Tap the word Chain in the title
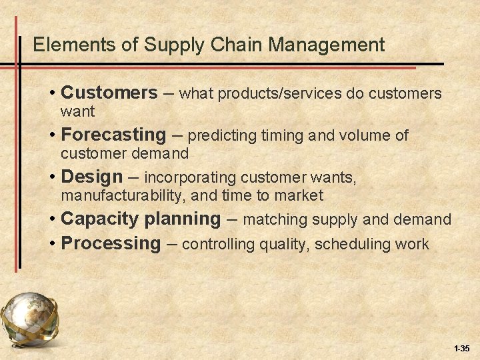coord(231,45)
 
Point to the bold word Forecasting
coord(113,135)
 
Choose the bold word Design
coord(92,177)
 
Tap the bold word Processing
coord(111,244)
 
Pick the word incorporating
coord(191,178)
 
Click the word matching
coord(275,219)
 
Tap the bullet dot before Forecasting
coord(52,135)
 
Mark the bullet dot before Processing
coord(52,244)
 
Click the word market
coord(301,196)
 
